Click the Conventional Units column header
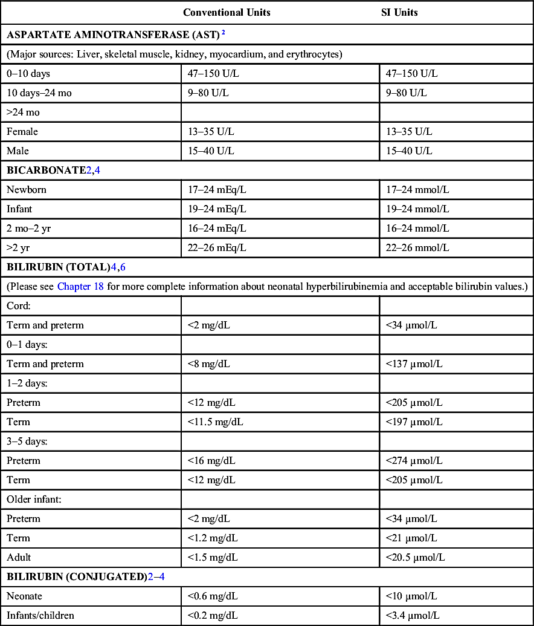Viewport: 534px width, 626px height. (x=227, y=13)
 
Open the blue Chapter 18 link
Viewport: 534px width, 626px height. (x=80, y=287)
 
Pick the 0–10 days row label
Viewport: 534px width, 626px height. (x=28, y=74)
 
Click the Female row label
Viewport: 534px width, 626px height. (x=22, y=132)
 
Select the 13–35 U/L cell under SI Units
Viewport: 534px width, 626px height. (x=409, y=132)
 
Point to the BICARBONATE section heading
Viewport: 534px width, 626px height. (x=46, y=171)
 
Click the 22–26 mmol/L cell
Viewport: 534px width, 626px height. (x=417, y=248)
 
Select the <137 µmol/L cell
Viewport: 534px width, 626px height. (x=414, y=364)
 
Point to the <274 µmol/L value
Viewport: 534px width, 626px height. (x=414, y=461)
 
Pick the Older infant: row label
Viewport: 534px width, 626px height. (x=32, y=500)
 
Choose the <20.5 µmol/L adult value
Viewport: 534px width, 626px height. (x=417, y=558)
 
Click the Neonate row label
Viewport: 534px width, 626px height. (x=25, y=596)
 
